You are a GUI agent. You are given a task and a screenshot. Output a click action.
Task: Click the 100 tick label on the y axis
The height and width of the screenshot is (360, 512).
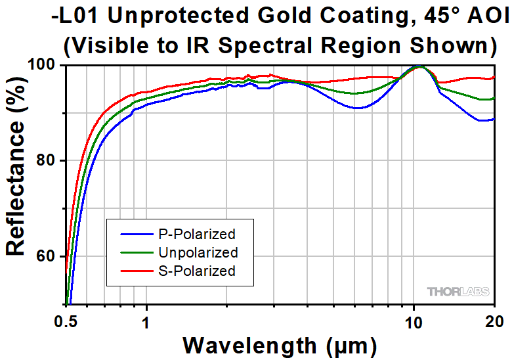pos(45,65)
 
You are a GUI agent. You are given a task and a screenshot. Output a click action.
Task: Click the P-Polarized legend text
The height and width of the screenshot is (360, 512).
pos(196,234)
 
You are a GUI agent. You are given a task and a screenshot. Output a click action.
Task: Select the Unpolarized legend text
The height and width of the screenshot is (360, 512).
pos(198,252)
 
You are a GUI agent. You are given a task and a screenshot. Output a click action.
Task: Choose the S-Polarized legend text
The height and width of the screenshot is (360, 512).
pos(196,271)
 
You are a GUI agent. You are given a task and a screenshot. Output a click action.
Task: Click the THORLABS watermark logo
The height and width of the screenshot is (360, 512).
pos(457,291)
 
